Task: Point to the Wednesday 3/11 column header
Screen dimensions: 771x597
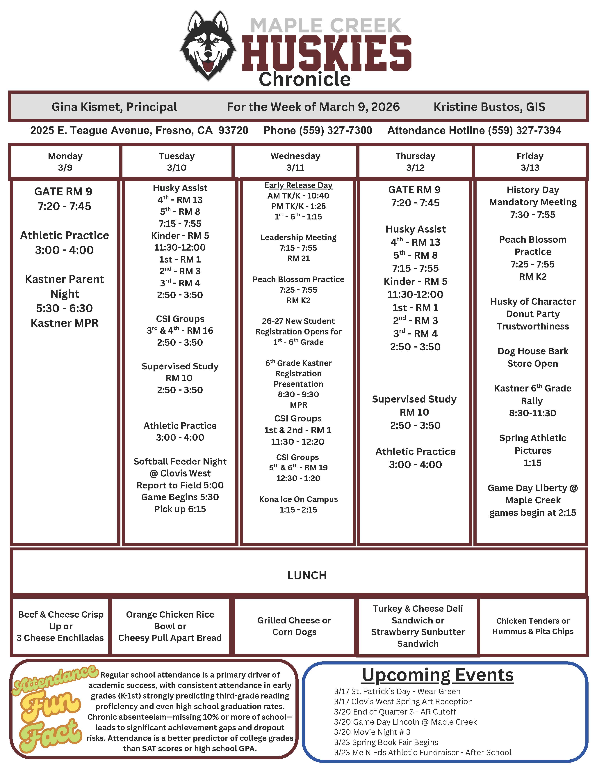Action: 295,162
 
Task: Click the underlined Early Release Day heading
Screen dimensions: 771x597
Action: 299,185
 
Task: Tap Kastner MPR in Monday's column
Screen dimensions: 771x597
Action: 65,323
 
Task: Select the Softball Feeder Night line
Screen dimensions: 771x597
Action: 180,461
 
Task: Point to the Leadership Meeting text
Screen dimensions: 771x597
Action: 299,237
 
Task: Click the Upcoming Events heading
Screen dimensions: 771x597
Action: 438,675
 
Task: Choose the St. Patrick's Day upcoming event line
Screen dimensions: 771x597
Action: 397,692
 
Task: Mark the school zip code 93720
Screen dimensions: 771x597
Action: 233,131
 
